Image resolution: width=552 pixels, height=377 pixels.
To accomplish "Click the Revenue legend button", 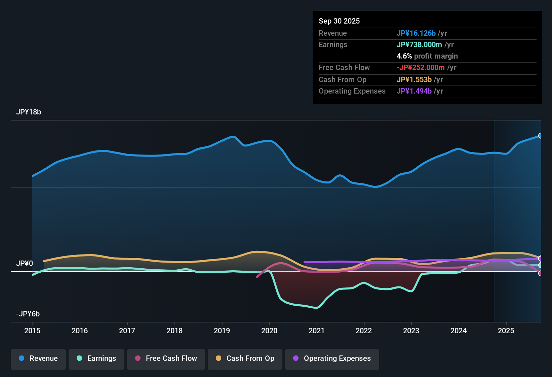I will click(x=38, y=358).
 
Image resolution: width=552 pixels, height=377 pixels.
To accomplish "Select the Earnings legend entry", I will click(x=96, y=358).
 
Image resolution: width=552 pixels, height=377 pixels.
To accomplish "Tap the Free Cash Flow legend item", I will click(x=166, y=358).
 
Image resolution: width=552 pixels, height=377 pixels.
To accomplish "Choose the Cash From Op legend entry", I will click(x=245, y=358).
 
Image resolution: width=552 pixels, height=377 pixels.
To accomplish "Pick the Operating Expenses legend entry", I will click(x=332, y=358).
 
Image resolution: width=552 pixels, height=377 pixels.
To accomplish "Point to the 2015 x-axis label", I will click(x=32, y=331).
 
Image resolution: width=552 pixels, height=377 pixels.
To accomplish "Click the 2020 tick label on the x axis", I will click(x=269, y=331).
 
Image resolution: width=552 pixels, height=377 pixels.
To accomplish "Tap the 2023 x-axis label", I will click(x=411, y=331).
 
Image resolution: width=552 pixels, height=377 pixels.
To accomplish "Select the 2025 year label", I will click(x=506, y=331).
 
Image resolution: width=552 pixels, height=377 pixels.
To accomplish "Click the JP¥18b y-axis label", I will click(x=29, y=112).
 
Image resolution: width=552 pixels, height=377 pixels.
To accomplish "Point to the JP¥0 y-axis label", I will click(x=25, y=264).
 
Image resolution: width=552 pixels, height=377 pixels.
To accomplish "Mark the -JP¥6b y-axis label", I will click(x=28, y=314).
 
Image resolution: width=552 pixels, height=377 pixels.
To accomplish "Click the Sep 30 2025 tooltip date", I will click(x=339, y=21).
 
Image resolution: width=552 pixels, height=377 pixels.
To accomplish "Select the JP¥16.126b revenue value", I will click(x=416, y=33).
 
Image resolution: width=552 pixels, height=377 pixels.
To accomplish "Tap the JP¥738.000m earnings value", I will click(x=419, y=45).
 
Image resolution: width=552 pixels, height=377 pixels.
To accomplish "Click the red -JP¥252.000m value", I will click(x=421, y=68).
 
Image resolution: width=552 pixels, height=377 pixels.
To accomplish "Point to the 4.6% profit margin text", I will click(x=427, y=56).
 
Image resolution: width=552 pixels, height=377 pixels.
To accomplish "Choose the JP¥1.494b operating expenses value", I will click(x=414, y=91).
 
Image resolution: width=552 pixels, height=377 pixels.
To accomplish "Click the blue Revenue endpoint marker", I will click(x=540, y=136).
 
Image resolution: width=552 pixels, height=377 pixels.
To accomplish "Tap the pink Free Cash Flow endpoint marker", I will click(x=540, y=273).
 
